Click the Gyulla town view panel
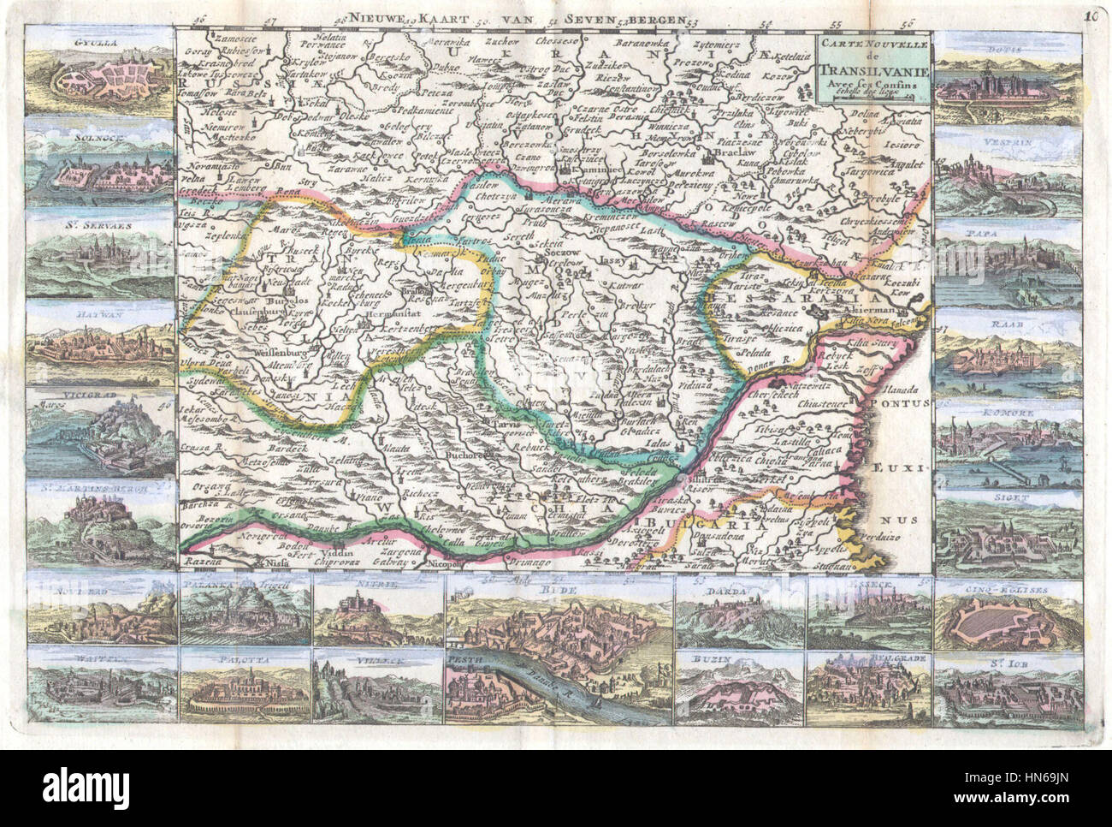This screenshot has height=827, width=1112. coord(98,75)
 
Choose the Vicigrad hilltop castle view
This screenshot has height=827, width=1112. coord(98,432)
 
